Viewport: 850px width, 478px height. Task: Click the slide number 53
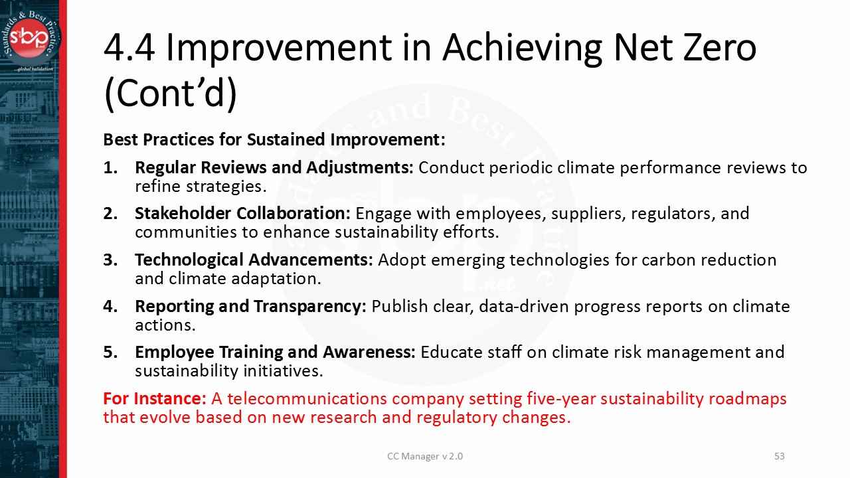coord(780,456)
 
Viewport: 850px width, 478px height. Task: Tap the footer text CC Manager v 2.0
coord(425,456)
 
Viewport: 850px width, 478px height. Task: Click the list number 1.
coord(110,167)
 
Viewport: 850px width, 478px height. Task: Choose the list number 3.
coord(110,260)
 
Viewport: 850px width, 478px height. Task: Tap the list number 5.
coord(110,352)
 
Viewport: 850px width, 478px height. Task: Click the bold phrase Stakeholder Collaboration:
coord(242,214)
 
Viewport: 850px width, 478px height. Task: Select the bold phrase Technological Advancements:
coord(254,260)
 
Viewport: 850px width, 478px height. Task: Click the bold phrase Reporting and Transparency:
coord(250,306)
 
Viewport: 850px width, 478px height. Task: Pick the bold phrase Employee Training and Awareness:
coord(275,352)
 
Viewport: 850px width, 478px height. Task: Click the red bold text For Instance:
coord(155,399)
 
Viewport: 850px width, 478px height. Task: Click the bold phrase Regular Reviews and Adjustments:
coord(274,167)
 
